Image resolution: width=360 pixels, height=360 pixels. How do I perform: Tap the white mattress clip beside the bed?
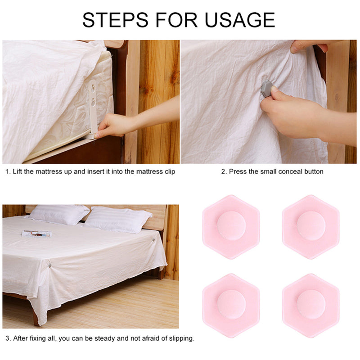[93, 108]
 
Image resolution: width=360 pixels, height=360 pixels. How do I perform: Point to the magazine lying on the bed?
[36, 234]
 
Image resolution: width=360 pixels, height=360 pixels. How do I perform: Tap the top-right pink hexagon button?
[310, 226]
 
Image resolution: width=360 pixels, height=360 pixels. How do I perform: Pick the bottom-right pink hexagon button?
[310, 305]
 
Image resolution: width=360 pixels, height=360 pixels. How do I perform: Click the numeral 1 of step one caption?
[7, 171]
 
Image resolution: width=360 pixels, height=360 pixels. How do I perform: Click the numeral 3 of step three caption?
[7, 338]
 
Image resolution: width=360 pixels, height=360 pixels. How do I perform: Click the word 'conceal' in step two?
[280, 171]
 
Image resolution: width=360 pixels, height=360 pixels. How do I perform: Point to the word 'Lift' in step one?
[18, 171]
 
